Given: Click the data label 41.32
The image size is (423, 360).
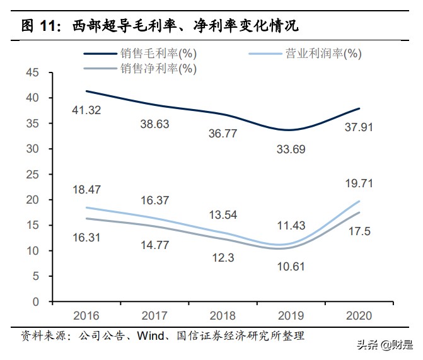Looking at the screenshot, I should pos(86,110).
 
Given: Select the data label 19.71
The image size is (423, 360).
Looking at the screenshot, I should pos(358,184).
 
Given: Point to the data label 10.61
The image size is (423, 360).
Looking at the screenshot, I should pos(291,266).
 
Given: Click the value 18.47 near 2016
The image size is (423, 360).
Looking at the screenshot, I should pos(86,189).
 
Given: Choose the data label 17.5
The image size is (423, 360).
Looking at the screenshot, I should pos(358,231).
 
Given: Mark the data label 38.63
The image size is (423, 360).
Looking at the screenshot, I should pos(154,124).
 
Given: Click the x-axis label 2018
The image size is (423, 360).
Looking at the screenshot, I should pos(222,315).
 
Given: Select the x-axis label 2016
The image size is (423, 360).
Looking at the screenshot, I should pos(86,315).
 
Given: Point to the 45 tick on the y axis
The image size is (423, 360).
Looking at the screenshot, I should pos(33,73).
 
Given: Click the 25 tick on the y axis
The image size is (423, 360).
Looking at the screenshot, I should pos(33,175).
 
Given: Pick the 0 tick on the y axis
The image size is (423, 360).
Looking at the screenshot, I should pos(36,302).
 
